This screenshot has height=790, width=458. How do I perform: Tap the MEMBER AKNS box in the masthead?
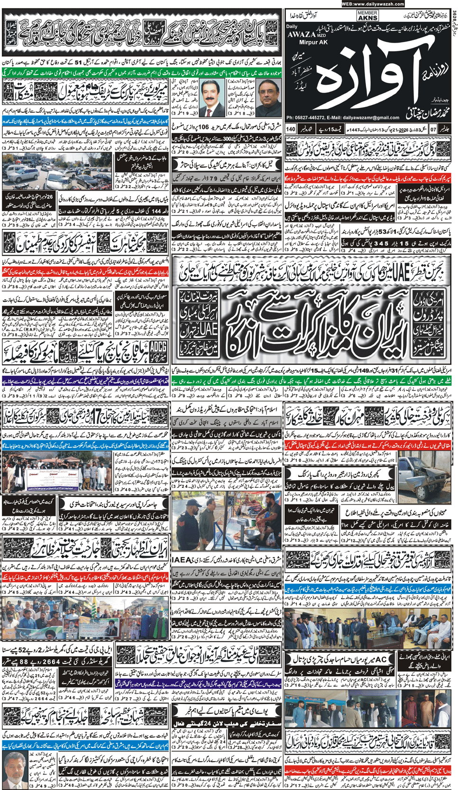(x=367, y=16)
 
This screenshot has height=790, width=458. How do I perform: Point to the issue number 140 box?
(x=291, y=129)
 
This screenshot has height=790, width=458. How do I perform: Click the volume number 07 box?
(x=433, y=129)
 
